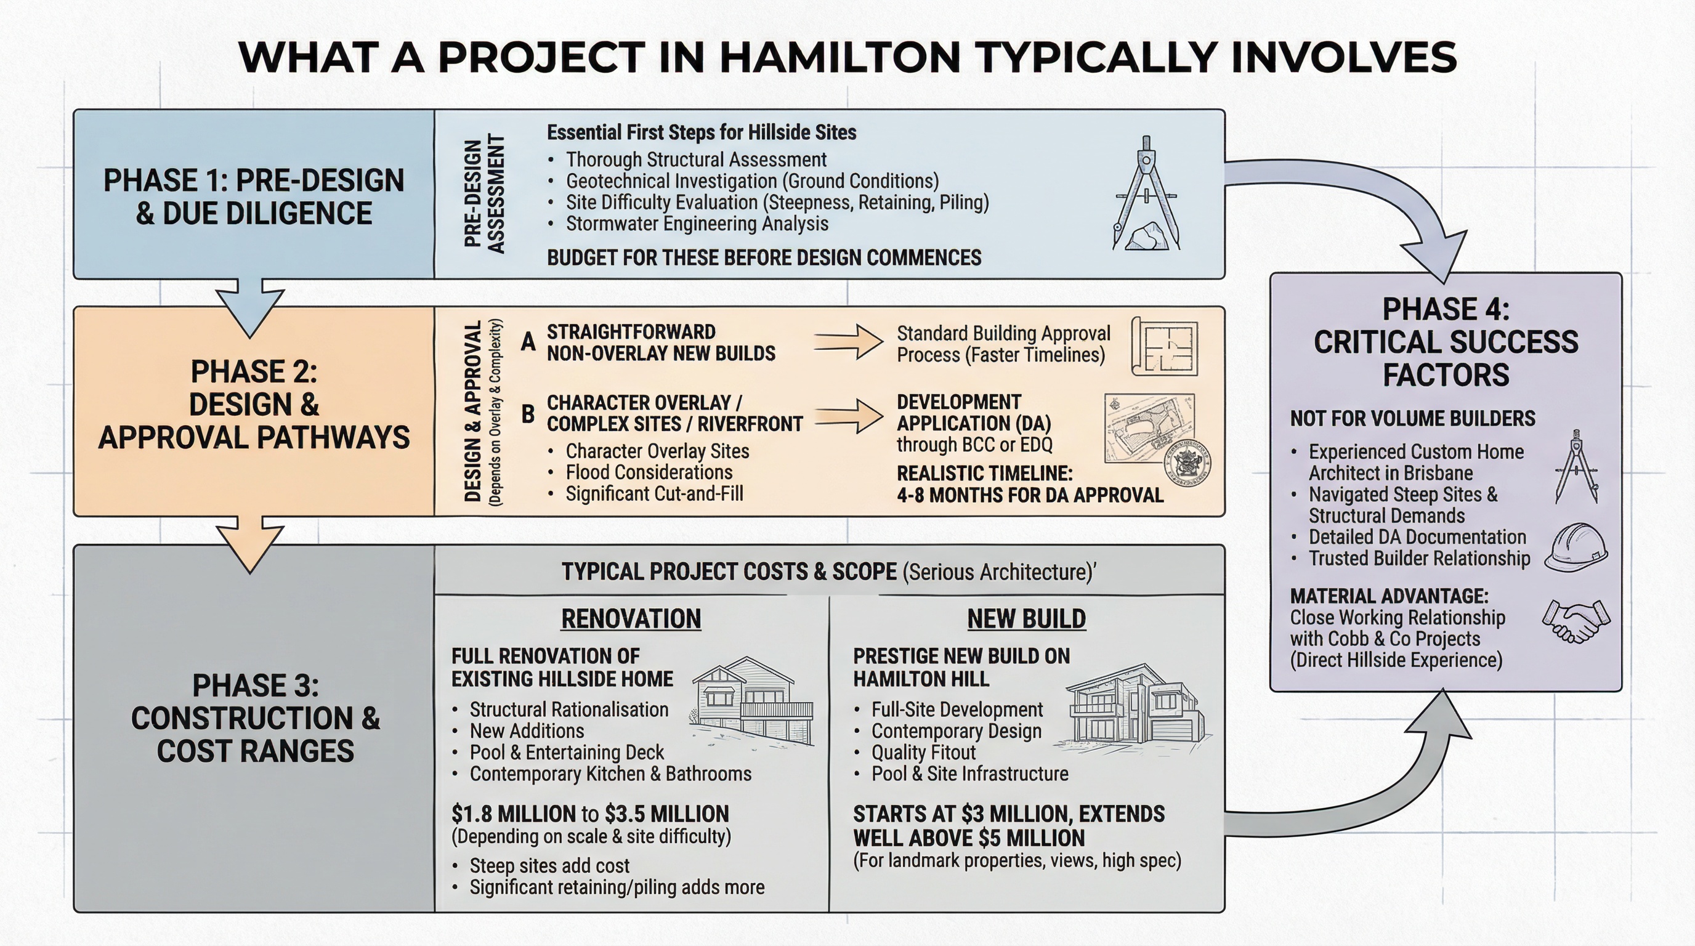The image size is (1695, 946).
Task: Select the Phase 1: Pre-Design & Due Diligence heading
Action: point(254,196)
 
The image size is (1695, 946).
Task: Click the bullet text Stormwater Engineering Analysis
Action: point(697,224)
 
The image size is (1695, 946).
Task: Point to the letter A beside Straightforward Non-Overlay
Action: point(528,342)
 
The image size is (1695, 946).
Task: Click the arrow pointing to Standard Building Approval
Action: point(849,342)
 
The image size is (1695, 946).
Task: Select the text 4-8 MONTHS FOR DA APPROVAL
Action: point(1030,495)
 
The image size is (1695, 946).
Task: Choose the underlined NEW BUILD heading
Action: point(1027,619)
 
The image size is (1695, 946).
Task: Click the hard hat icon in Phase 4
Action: point(1576,548)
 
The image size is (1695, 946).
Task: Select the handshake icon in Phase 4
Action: point(1576,620)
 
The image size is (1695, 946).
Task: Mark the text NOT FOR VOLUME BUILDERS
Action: point(1412,419)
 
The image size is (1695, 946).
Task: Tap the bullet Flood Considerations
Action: point(649,472)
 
